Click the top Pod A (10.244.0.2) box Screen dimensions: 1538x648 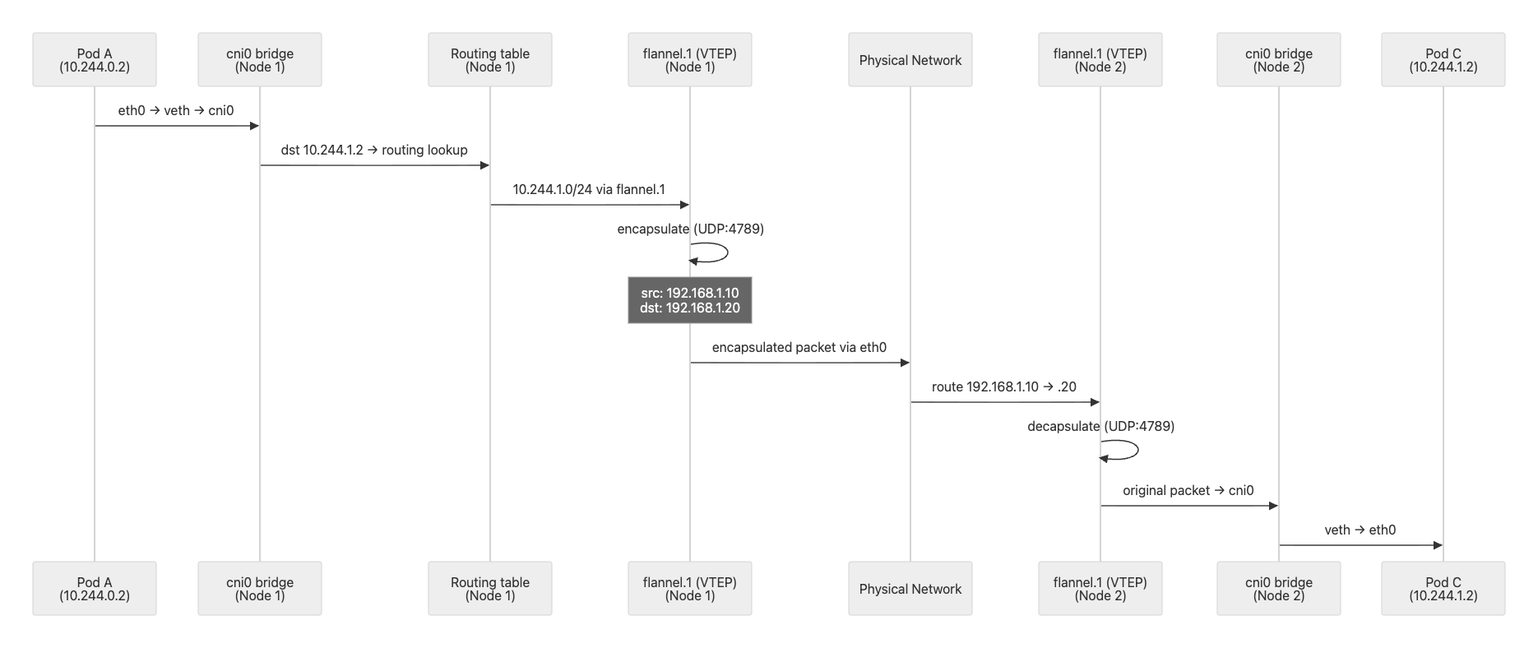pyautogui.click(x=95, y=60)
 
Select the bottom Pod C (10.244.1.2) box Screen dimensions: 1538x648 pyautogui.click(x=1443, y=589)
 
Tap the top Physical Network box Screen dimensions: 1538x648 pyautogui.click(x=910, y=60)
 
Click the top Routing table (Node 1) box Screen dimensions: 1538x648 pyautogui.click(x=490, y=60)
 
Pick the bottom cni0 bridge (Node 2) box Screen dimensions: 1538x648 pyautogui.click(x=1279, y=589)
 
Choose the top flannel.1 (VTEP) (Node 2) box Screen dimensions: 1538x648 pyautogui.click(x=1100, y=60)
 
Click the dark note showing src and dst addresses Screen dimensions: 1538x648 pyautogui.click(x=690, y=300)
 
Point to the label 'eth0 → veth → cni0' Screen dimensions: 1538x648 pyautogui.click(x=176, y=110)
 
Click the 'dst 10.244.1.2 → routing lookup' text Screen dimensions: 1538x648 pyautogui.click(x=374, y=150)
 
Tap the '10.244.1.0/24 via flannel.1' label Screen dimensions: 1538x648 pyautogui.click(x=589, y=189)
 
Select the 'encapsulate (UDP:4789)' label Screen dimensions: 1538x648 pyautogui.click(x=691, y=229)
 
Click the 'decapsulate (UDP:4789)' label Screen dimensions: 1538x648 pyautogui.click(x=1101, y=426)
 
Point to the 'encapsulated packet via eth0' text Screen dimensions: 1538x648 pyautogui.click(x=799, y=347)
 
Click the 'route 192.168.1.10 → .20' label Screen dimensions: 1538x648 pyautogui.click(x=1004, y=386)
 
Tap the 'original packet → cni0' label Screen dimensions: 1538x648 pyautogui.click(x=1188, y=490)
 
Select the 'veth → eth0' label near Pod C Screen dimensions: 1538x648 pyautogui.click(x=1360, y=530)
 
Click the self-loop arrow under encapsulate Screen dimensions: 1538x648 pyautogui.click(x=727, y=252)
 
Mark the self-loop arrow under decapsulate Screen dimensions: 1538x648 pyautogui.click(x=1137, y=450)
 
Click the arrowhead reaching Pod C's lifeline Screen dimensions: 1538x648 pyautogui.click(x=1438, y=545)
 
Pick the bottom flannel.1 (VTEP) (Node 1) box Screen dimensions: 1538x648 pyautogui.click(x=690, y=589)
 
